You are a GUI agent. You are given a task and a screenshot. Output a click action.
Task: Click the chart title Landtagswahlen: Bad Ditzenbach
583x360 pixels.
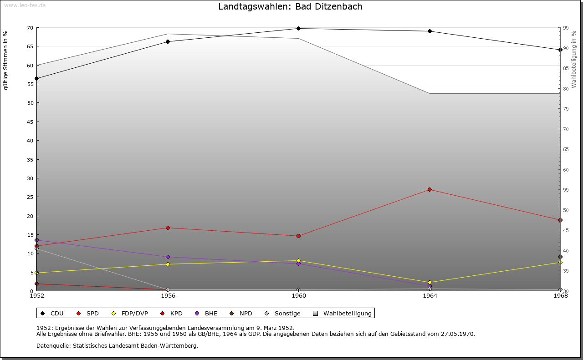click(290, 7)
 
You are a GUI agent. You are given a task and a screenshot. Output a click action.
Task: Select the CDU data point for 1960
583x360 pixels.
click(299, 29)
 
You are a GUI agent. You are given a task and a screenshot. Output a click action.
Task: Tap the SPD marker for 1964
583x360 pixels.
click(430, 189)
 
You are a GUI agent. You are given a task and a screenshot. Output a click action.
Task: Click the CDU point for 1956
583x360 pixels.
click(168, 42)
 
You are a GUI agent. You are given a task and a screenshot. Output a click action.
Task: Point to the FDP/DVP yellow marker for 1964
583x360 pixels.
click(430, 283)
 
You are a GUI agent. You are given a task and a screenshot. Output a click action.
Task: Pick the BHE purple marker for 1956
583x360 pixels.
click(168, 257)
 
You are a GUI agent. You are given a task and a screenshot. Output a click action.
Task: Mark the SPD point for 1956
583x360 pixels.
click(168, 228)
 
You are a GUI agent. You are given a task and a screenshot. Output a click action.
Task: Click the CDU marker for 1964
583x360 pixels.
click(430, 31)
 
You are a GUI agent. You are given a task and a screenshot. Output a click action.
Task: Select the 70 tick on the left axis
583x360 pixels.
click(30, 28)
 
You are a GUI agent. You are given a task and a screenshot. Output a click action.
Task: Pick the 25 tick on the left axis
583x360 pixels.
click(30, 197)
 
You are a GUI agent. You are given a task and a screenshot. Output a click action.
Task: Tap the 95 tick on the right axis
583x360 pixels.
click(566, 28)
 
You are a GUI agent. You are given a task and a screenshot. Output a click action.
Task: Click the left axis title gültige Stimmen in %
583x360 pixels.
click(6, 61)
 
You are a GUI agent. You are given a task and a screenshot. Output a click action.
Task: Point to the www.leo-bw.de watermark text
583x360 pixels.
click(24, 5)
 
